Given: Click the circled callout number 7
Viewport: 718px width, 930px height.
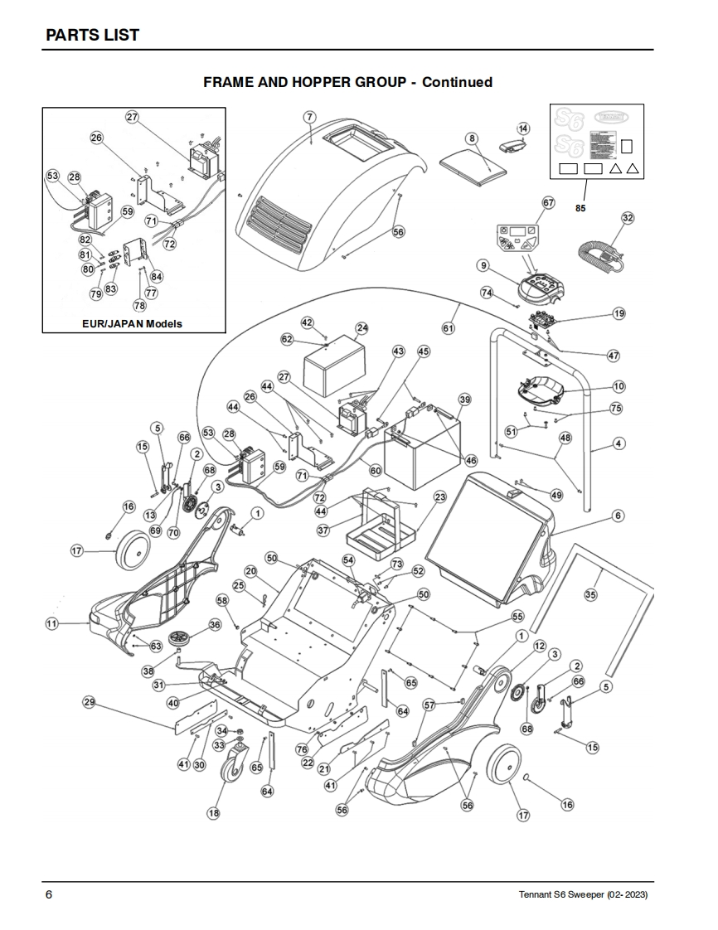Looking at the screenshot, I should pyautogui.click(x=309, y=116).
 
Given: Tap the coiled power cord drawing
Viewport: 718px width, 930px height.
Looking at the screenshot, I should pyautogui.click(x=599, y=251).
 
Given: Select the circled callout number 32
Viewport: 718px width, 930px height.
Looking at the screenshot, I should pyautogui.click(x=628, y=218).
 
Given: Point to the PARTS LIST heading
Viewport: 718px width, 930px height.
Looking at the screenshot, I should pyautogui.click(x=92, y=35).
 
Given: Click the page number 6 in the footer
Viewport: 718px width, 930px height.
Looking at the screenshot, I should pyautogui.click(x=49, y=895).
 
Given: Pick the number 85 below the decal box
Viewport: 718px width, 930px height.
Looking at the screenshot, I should pyautogui.click(x=580, y=208).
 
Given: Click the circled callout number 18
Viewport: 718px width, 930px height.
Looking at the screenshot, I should pyautogui.click(x=214, y=813).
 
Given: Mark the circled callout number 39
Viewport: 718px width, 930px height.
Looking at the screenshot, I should pyautogui.click(x=464, y=400).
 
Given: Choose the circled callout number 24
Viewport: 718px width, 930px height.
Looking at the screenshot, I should pyautogui.click(x=361, y=327).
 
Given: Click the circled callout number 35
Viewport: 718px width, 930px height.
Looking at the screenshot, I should pyautogui.click(x=590, y=594).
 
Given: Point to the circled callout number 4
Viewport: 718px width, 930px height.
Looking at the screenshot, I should pyautogui.click(x=619, y=443).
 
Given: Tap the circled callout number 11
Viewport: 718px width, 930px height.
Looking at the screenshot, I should pyautogui.click(x=52, y=623).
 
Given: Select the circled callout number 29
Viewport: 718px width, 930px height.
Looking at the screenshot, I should pyautogui.click(x=89, y=702).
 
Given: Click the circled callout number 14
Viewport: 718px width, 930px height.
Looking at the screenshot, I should pyautogui.click(x=522, y=128).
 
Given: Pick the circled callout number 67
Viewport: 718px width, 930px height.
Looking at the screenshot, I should pyautogui.click(x=547, y=202).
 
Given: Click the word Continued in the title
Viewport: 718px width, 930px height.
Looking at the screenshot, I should pyautogui.click(x=457, y=82).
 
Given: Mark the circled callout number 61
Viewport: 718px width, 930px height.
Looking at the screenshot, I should pyautogui.click(x=449, y=329).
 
